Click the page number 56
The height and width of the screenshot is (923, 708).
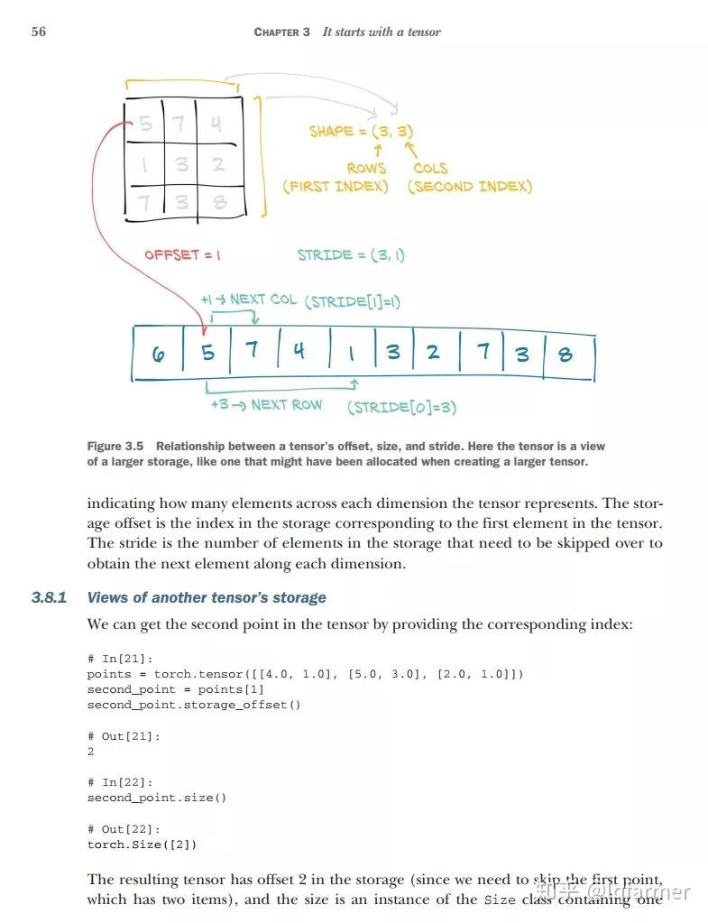[x=38, y=32]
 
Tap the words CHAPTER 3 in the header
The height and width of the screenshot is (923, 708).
[x=281, y=32]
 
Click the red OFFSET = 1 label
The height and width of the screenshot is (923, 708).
[x=182, y=254]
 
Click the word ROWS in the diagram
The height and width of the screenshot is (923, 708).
[x=366, y=168]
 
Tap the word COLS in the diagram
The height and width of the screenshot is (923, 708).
[x=430, y=168]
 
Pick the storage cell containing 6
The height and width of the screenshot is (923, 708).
[x=159, y=353]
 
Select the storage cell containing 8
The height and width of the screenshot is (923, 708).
[x=565, y=353]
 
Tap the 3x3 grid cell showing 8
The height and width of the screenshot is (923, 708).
[x=219, y=201]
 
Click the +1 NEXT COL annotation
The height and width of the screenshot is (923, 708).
[x=248, y=300]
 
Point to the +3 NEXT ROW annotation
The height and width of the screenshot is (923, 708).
[x=265, y=404]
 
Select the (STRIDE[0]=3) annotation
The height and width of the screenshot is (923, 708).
[x=401, y=407]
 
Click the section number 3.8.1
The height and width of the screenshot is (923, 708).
[x=50, y=597]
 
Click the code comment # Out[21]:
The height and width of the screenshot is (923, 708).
[x=124, y=736]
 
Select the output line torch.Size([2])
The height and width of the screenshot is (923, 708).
[x=142, y=845]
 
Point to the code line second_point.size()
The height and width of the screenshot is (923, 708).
[x=156, y=798]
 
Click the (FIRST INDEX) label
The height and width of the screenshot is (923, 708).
[x=336, y=187]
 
